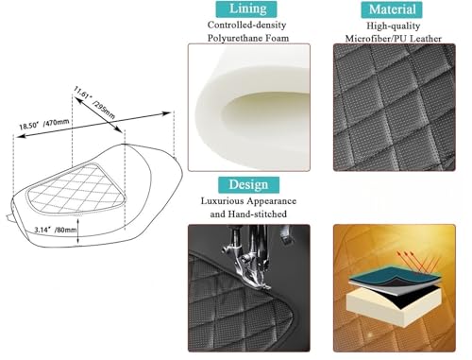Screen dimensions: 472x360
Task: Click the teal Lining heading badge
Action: [x=246, y=9]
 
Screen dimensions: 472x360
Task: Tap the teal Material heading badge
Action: [x=392, y=9]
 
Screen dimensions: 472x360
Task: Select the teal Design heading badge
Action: [x=248, y=185]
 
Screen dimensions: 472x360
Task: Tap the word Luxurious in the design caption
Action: [x=223, y=201]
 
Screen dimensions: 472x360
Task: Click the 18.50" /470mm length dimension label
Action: [x=44, y=124]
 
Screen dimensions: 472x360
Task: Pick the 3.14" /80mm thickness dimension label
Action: [x=56, y=230]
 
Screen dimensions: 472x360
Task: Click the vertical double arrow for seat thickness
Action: [x=78, y=231]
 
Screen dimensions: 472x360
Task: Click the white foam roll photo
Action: [x=249, y=107]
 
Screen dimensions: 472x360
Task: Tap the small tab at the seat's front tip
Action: [x=8, y=217]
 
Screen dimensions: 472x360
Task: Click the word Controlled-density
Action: [x=246, y=25]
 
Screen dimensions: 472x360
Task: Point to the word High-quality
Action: [x=394, y=26]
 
